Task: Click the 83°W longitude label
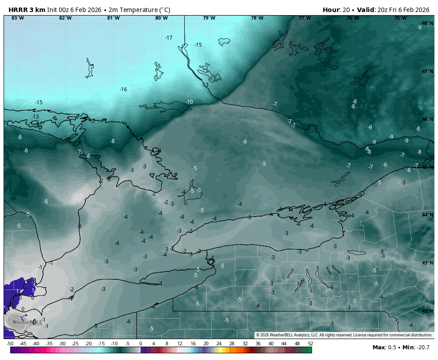pos(17,18)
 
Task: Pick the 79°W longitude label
pos(209,18)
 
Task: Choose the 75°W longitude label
pos(400,18)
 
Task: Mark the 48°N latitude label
pos(428,24)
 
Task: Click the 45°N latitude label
pos(428,168)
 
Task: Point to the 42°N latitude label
pos(428,311)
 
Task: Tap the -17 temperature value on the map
pos(169,38)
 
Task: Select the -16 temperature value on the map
pos(123,90)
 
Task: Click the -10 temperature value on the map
pos(189,102)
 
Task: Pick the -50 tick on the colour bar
pos(10,344)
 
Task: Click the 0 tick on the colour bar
pos(141,344)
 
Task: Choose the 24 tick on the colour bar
pos(219,344)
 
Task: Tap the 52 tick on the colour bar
pos(310,344)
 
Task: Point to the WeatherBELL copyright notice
pos(344,335)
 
